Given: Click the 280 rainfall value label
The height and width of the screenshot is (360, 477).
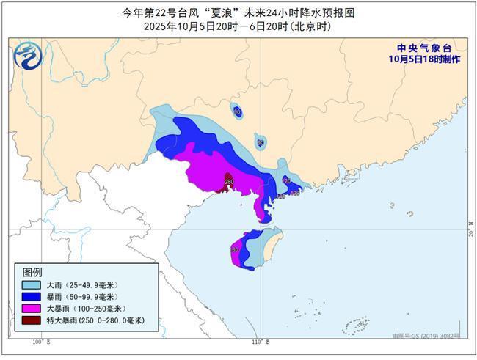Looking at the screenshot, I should pos(229,181).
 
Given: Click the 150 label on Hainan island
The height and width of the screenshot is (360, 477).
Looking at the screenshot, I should pos(234,250).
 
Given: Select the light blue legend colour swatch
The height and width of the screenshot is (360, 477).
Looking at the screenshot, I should pos(31,284).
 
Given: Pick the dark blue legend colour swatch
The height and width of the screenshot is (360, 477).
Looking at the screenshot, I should pos(31,297).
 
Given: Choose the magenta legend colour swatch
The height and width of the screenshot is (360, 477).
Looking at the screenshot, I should pos(31,309).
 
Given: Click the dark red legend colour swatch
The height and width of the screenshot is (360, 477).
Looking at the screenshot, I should pos(31,321).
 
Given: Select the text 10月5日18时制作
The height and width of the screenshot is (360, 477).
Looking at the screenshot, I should pos(425,59).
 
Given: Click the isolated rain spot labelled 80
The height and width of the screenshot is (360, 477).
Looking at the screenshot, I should pos(237,111).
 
